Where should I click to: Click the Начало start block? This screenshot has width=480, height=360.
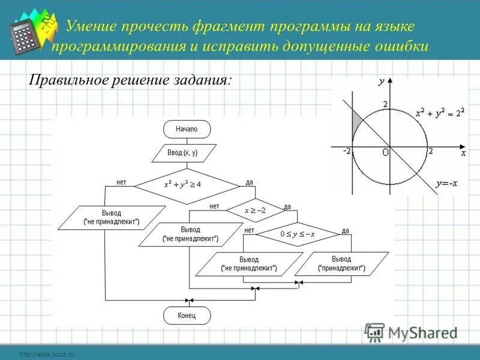coord(187,129)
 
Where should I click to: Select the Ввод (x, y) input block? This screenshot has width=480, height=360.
coord(183,153)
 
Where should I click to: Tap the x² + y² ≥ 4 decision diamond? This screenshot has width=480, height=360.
coord(186,184)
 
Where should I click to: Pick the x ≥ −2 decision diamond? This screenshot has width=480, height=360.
coord(255,211)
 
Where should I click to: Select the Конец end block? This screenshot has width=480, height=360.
coord(187,316)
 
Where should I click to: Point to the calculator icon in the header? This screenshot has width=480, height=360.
coord(26,37)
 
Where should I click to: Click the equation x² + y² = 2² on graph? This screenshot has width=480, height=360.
coord(440,114)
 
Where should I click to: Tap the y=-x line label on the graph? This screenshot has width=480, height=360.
coord(447,184)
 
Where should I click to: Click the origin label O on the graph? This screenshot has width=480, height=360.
coord(385,153)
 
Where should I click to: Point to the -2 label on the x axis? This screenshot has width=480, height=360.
coord(346,151)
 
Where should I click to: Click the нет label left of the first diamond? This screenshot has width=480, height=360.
coord(121,182)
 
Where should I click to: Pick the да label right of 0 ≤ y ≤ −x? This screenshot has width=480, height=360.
coord(346,230)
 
